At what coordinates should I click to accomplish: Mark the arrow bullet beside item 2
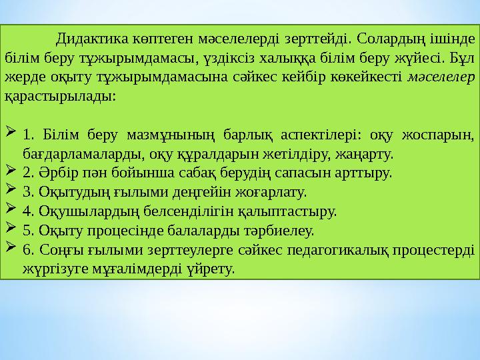click(11, 173)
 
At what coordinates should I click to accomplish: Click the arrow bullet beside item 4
click(11, 211)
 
